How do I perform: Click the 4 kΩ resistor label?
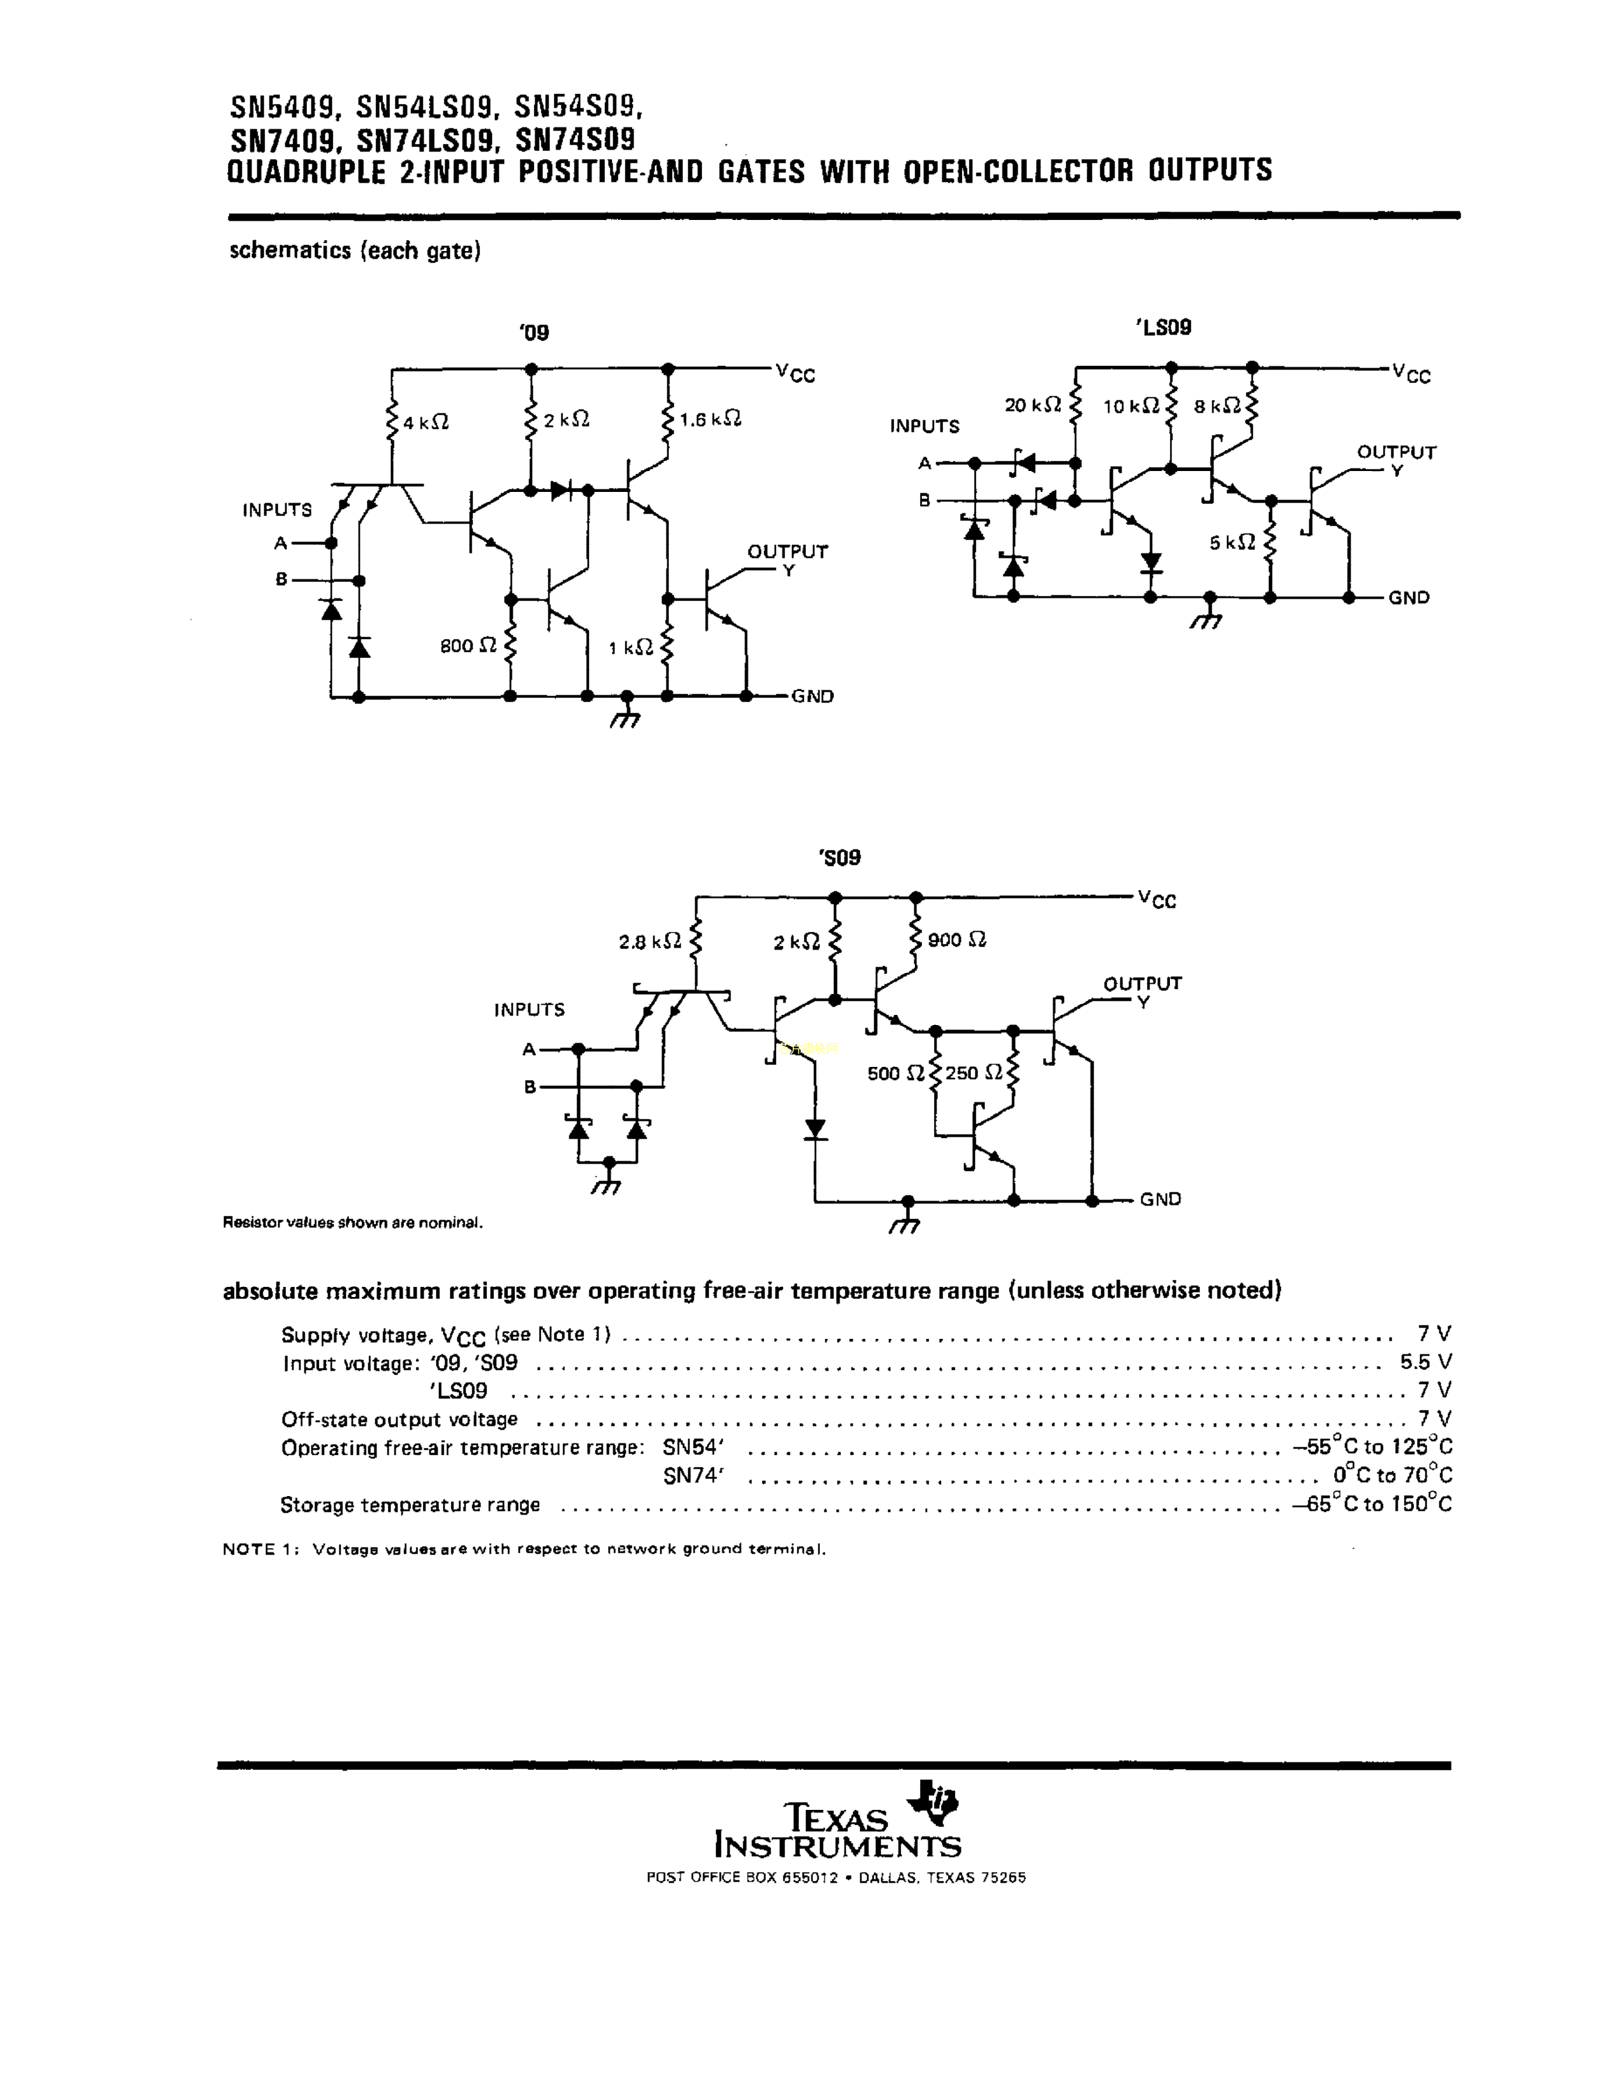[x=425, y=422]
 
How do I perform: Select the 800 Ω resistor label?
[x=469, y=645]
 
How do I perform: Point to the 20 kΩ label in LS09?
[x=1032, y=405]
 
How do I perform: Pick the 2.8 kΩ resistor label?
[x=649, y=941]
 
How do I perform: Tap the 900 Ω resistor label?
[x=957, y=939]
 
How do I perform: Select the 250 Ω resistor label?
[x=974, y=1073]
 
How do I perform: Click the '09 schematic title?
[x=535, y=332]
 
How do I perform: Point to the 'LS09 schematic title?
[x=1163, y=328]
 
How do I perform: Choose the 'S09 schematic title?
[x=840, y=857]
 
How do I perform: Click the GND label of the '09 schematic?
[x=812, y=696]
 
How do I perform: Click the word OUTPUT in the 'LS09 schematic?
[x=1396, y=452]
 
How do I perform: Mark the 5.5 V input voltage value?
[x=1425, y=1361]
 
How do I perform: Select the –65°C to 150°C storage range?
[x=1372, y=1504]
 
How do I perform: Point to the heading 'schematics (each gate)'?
[x=354, y=251]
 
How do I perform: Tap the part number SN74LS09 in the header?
[x=426, y=141]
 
